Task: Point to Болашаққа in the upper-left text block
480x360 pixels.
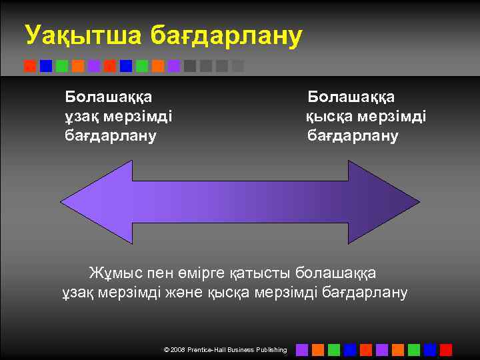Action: click(108, 97)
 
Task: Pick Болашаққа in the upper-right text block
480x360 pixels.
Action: click(351, 97)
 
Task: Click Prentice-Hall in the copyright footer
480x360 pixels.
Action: click(211, 350)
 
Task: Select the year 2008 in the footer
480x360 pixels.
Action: click(178, 350)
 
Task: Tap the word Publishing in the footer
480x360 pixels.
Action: click(271, 350)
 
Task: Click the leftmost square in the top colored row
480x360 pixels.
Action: click(30, 66)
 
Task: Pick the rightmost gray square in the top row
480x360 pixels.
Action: click(238, 66)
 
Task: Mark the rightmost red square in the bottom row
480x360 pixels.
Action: click(446, 349)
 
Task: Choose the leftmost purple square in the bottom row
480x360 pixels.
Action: click(302, 349)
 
